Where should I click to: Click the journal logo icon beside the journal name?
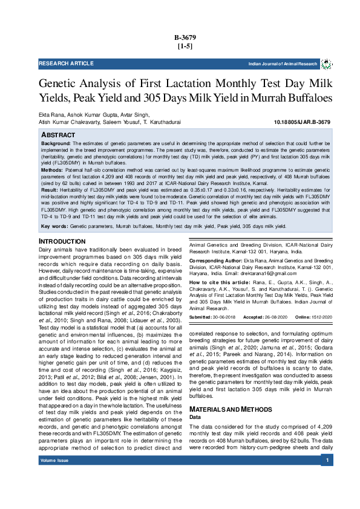(326, 64)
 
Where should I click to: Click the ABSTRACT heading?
(58, 134)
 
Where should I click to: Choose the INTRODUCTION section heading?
(62, 242)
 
